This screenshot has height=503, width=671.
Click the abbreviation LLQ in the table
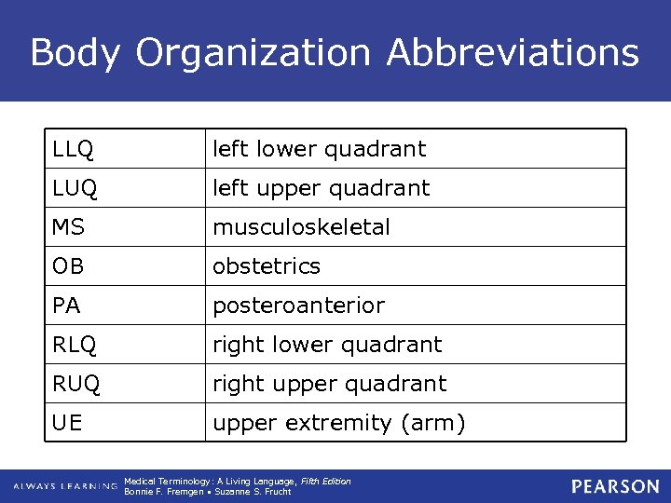point(73,149)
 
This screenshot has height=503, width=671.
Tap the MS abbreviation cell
point(68,227)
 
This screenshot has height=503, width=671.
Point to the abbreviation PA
point(67,306)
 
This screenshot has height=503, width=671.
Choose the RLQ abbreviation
point(74,345)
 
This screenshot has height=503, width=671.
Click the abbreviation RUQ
point(75,384)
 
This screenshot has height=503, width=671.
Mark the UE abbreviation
point(68,423)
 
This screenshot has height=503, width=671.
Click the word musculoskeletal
point(301,227)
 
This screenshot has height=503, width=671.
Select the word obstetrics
point(267,266)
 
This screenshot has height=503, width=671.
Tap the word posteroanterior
point(298,306)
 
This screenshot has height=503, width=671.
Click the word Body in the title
point(75,52)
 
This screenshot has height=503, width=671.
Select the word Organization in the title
point(253,52)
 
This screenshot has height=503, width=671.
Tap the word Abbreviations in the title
point(513,52)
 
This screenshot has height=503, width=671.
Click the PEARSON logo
point(615,486)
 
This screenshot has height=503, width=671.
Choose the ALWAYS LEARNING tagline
point(64,486)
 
